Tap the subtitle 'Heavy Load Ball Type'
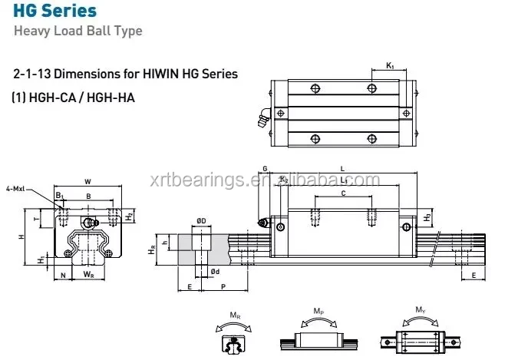click(x=78, y=31)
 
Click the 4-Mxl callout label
click(x=15, y=188)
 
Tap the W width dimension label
click(x=87, y=182)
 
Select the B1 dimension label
click(x=60, y=196)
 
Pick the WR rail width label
click(x=88, y=274)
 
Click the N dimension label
click(x=62, y=274)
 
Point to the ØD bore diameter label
click(x=200, y=221)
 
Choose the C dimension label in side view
click(x=343, y=193)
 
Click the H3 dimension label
click(x=427, y=217)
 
